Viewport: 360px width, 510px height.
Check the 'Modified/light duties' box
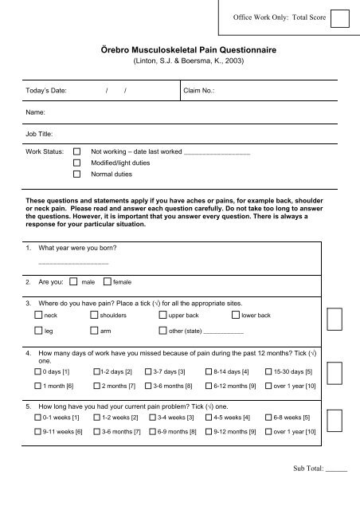click(x=76, y=162)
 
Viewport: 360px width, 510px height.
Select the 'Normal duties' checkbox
click(x=76, y=173)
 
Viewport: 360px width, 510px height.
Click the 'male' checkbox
click(x=73, y=281)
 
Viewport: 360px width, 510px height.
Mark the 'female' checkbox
click(x=107, y=281)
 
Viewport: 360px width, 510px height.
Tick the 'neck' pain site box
click(x=38, y=316)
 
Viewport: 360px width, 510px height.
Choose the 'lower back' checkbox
click(x=235, y=316)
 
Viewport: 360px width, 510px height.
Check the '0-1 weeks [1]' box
click(x=38, y=417)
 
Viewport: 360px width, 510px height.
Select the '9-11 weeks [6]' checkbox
click(x=38, y=431)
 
